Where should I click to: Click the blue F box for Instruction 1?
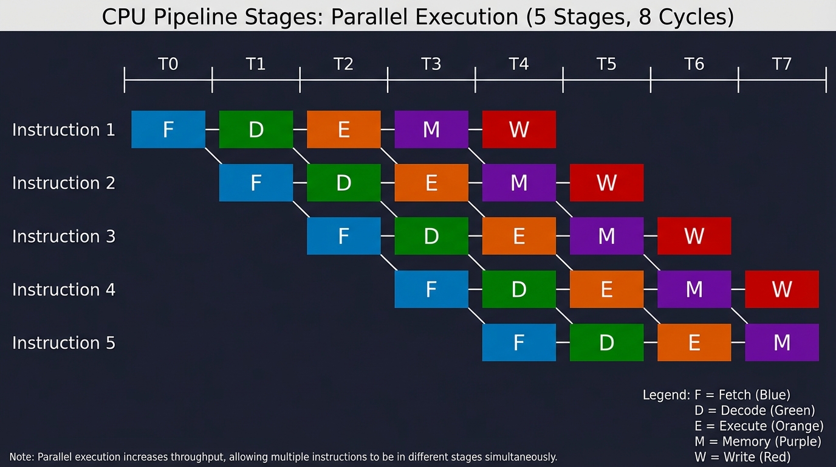pos(168,130)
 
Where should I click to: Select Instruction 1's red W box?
pos(519,130)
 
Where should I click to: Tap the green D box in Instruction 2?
pos(343,182)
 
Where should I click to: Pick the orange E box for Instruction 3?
pos(519,236)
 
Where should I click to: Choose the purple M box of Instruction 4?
pos(694,289)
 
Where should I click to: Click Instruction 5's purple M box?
pos(782,342)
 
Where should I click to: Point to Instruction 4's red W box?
pos(782,289)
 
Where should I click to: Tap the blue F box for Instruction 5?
pos(519,342)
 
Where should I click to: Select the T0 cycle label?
pos(168,64)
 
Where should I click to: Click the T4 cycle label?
pos(519,64)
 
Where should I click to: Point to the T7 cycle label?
pos(782,64)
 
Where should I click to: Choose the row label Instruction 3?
pos(64,236)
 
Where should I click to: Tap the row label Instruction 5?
pos(64,343)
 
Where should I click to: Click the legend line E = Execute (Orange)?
pos(759,426)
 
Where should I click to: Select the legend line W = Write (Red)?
pos(742,457)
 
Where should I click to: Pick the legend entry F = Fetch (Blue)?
pos(742,395)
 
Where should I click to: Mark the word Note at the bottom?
pos(21,457)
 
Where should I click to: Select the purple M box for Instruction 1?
pos(431,130)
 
